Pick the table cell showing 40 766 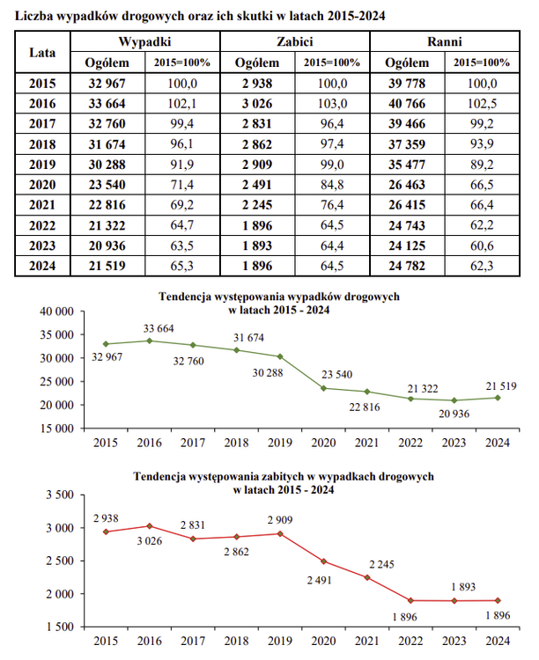click(407, 103)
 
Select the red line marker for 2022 click(412, 600)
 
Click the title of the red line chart click(284, 482)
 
